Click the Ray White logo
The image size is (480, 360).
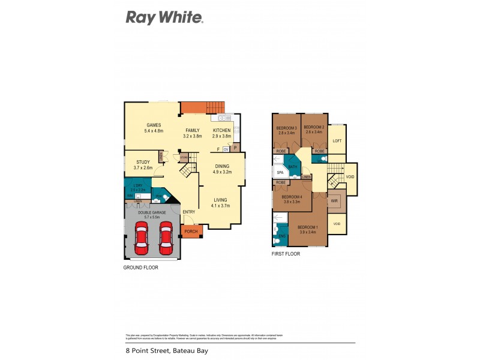[164, 17]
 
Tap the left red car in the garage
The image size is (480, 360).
[142, 238]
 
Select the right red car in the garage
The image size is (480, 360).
[166, 238]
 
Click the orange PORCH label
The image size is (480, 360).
[191, 232]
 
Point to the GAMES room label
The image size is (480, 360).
[154, 125]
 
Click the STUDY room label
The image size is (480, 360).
[143, 161]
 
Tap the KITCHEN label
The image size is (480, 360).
[221, 130]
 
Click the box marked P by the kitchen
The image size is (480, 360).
[235, 147]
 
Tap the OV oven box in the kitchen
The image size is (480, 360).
[226, 149]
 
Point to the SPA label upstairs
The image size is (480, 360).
[280, 173]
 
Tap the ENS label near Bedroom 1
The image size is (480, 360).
[281, 236]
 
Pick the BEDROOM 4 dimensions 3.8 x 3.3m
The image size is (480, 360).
[291, 202]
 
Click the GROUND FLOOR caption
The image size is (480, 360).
[141, 268]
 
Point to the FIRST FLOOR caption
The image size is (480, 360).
[285, 254]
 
